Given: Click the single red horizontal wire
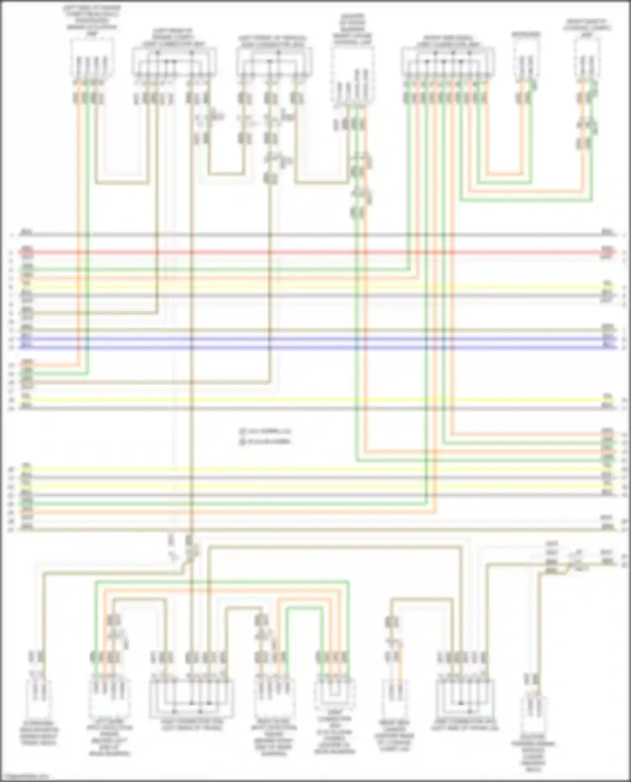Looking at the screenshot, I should pos(315,253).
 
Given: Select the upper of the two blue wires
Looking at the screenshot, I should pos(315,339).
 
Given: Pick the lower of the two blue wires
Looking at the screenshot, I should pos(315,348).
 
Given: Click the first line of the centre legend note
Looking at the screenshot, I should pos(265,431).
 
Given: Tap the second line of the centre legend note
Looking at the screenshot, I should pos(265,441).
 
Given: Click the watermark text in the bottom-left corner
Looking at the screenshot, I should pos(25,777).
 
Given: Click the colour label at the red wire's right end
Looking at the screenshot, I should pos(607,249).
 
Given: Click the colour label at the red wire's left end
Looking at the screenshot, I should pos(27,249).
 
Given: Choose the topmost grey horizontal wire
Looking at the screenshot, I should pos(315,235).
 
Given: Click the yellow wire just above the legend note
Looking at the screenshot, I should pos(315,400).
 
